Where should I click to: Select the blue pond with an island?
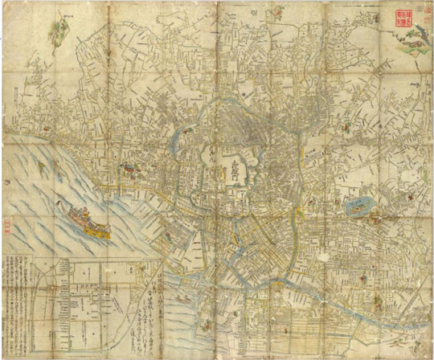[x=356, y=208]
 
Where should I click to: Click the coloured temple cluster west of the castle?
[x=127, y=169]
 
